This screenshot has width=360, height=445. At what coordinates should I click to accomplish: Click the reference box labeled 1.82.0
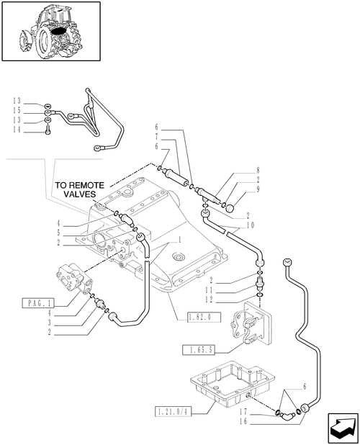(204, 318)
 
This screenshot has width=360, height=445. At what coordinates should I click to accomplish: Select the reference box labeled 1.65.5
(199, 350)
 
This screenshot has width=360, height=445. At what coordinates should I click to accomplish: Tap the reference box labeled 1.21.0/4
(173, 411)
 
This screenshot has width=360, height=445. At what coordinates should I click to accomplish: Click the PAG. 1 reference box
(37, 303)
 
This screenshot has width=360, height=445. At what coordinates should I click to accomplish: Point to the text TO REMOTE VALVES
(80, 190)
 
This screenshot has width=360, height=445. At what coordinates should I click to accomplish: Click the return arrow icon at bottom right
(343, 428)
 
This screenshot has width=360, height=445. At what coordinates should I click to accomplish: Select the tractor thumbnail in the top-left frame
(50, 31)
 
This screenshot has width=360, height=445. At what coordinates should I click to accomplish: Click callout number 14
(17, 130)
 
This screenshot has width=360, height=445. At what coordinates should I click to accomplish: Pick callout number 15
(17, 110)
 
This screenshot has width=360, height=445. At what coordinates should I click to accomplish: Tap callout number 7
(157, 137)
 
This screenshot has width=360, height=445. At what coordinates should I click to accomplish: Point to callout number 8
(258, 170)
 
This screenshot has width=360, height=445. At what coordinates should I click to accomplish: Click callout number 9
(258, 189)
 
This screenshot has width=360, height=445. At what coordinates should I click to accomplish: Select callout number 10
(251, 225)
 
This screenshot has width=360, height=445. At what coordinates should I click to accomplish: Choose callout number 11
(209, 290)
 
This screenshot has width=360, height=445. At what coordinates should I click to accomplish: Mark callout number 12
(209, 300)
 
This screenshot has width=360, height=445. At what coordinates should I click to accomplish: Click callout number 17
(243, 411)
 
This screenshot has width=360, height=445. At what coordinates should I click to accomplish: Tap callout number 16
(243, 421)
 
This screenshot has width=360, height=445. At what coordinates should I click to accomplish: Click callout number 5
(59, 233)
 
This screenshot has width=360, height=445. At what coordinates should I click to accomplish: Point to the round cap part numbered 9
(230, 209)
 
